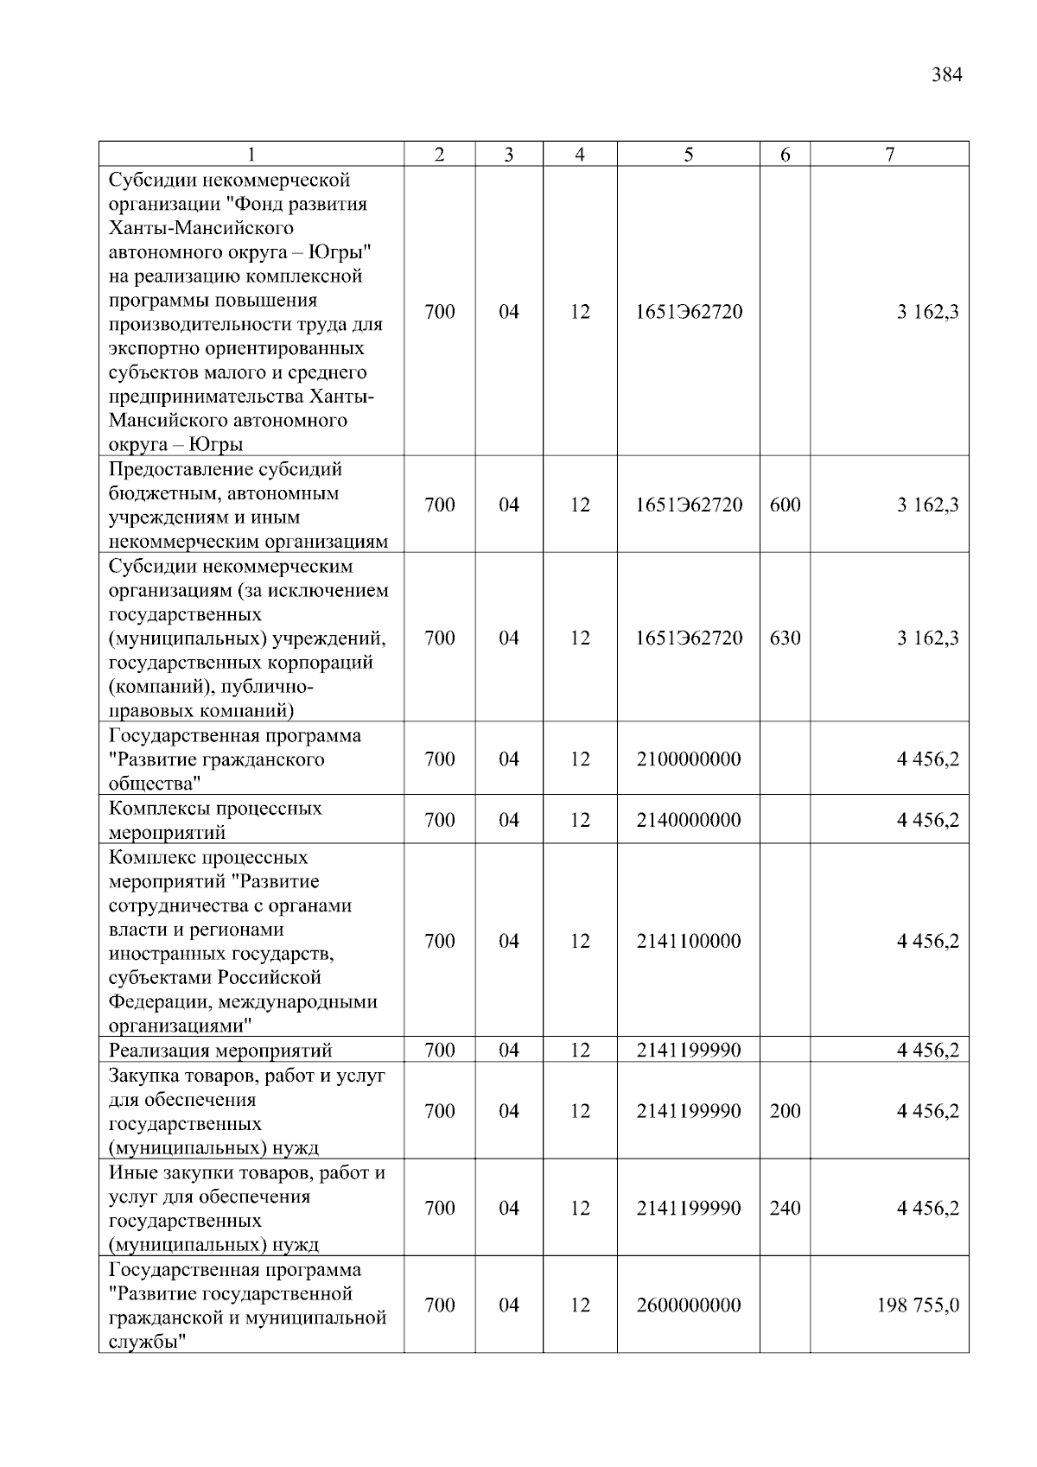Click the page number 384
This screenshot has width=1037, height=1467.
tap(946, 75)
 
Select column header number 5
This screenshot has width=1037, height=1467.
tap(688, 155)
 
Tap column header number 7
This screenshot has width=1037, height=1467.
tap(889, 155)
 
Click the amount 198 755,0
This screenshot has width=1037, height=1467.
tap(918, 1305)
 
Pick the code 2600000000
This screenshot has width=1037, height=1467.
tap(688, 1305)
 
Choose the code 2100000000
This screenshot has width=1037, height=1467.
tap(688, 759)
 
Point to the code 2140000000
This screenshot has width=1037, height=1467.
tap(688, 820)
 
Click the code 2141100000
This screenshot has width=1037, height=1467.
tap(688, 941)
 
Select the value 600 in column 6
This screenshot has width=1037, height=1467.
tap(785, 505)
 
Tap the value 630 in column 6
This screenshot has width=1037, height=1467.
tap(785, 638)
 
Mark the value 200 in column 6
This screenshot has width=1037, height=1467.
tap(785, 1111)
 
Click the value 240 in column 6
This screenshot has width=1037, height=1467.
tap(785, 1208)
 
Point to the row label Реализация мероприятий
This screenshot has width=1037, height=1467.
tap(220, 1051)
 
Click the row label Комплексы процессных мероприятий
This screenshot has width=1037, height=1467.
tap(215, 821)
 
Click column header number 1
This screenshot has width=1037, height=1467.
tap(251, 155)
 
